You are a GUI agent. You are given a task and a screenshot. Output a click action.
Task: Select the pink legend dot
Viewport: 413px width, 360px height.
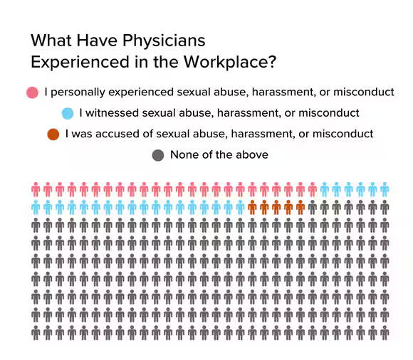32,92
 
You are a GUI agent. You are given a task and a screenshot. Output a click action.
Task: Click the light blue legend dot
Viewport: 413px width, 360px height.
68,113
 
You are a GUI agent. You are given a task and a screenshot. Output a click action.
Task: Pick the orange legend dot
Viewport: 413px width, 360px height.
53,134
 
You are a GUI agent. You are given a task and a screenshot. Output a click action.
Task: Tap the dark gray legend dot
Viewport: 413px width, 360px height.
158,154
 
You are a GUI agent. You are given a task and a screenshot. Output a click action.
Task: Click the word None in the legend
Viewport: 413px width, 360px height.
184,154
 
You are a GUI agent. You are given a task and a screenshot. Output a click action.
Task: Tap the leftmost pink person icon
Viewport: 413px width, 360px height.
36,189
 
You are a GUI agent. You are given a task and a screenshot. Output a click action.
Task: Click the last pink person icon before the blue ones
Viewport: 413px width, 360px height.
312,189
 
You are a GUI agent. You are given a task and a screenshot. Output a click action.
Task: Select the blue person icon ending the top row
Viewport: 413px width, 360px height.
385,189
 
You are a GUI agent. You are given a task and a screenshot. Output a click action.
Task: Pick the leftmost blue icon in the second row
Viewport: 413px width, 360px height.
36,208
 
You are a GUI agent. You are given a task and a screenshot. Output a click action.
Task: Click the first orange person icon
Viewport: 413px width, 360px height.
252,208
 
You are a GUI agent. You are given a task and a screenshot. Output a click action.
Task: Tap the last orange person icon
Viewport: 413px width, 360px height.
300,208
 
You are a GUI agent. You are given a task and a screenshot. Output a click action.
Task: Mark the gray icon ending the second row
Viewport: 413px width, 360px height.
385,208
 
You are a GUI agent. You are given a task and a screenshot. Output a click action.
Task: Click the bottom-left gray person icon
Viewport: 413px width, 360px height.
36,332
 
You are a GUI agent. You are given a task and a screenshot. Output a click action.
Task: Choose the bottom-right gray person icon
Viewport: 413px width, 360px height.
385,332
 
